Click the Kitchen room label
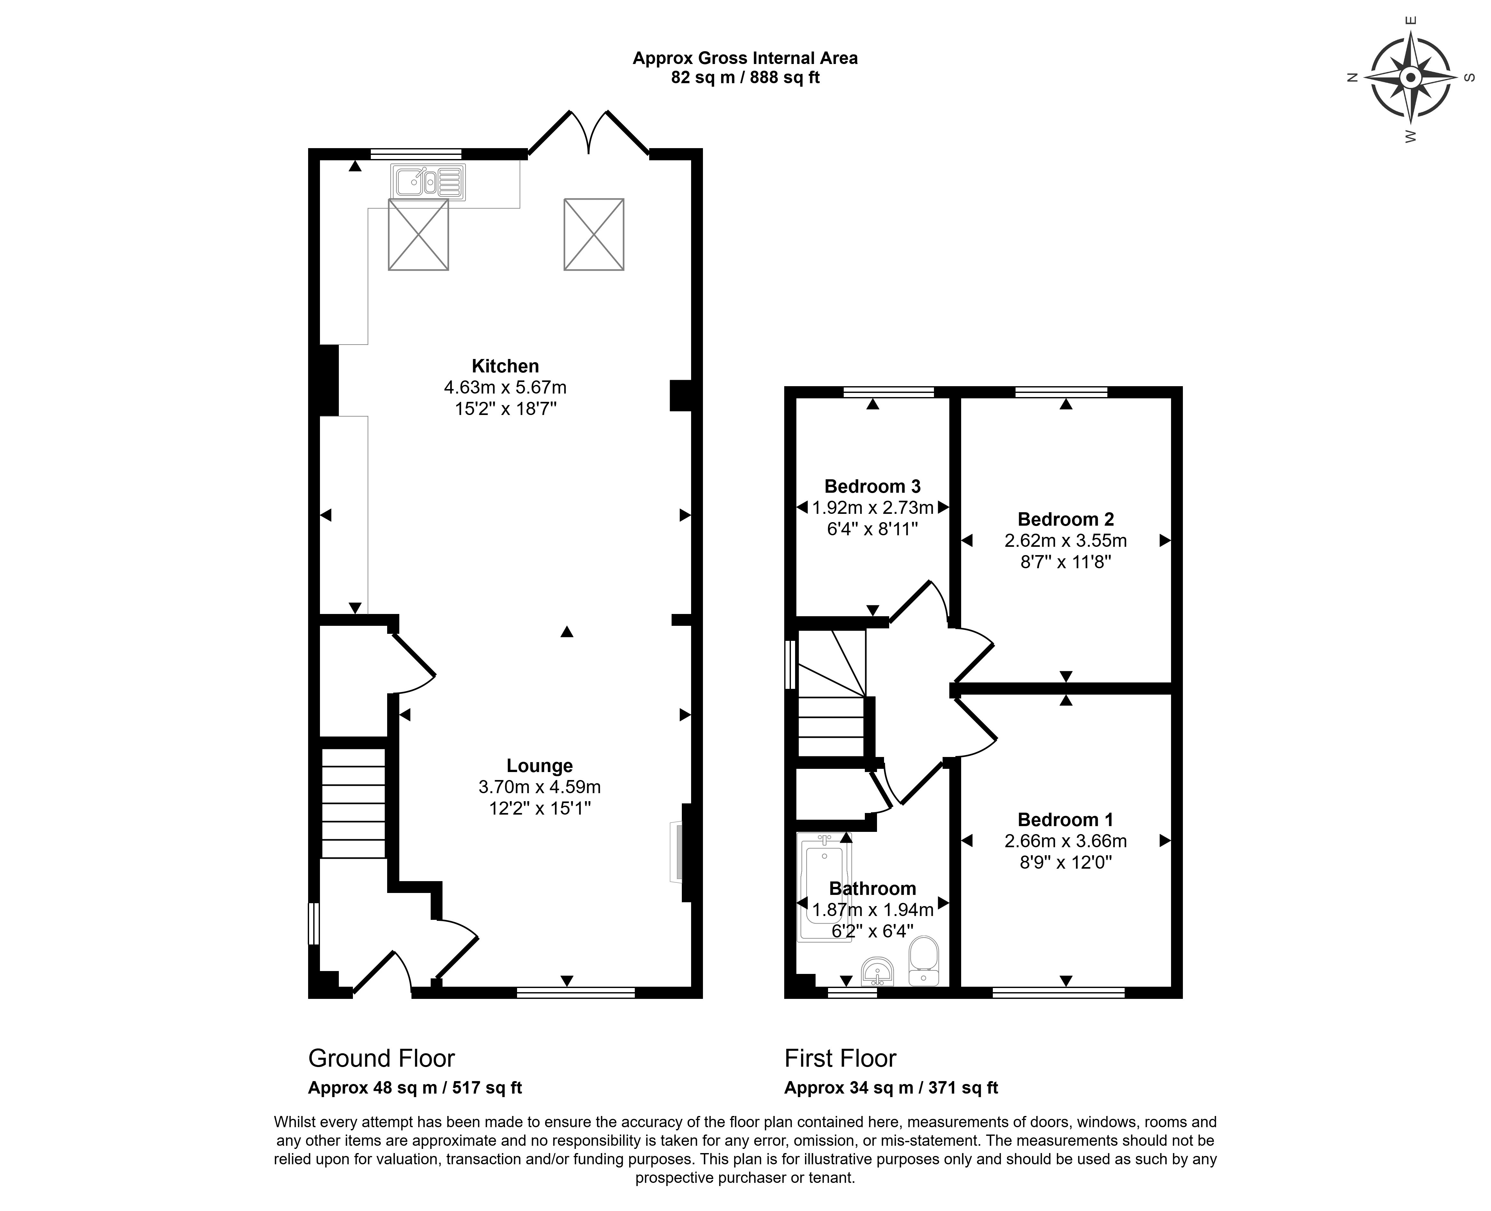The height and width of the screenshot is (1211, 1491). pos(505,366)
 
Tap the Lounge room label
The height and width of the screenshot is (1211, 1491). pos(539,766)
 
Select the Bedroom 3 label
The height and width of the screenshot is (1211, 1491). pos(872,486)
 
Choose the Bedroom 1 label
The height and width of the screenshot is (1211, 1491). pos(1065,820)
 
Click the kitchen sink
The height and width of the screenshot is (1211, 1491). pos(427,183)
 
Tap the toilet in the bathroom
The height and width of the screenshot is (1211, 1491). pos(924,960)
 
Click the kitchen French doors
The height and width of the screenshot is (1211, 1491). pos(589,132)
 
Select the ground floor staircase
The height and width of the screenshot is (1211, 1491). pos(353,802)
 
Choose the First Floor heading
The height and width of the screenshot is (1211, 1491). pos(840,1058)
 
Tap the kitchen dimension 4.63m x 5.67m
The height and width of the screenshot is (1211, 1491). pos(505,387)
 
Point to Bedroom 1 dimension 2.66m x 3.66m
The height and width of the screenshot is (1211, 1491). pos(1065,841)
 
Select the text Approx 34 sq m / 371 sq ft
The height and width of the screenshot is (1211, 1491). pos(891,1088)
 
